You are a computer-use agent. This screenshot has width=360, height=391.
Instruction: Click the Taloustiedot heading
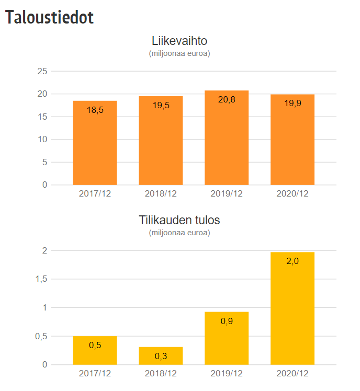[x=50, y=17]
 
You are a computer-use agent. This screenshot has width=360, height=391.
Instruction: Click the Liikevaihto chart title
[x=179, y=41]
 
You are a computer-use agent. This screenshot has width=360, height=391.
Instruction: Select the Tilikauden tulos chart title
[x=179, y=220]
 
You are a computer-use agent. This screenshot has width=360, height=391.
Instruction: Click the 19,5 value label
[x=161, y=105]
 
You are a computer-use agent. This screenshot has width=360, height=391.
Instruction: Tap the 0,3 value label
[x=161, y=356]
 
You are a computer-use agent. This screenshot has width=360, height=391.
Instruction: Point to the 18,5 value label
[x=95, y=110]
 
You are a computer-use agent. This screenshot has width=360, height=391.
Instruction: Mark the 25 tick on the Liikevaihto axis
[x=42, y=72]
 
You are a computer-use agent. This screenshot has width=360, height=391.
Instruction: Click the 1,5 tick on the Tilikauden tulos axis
[x=40, y=279]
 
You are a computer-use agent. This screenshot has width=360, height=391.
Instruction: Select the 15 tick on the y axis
[x=42, y=117]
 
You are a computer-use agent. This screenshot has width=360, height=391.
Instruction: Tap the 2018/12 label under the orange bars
[x=161, y=193]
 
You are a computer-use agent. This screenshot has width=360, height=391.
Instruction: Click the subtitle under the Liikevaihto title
[x=179, y=53]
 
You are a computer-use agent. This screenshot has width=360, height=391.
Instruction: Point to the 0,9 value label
[x=227, y=321]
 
